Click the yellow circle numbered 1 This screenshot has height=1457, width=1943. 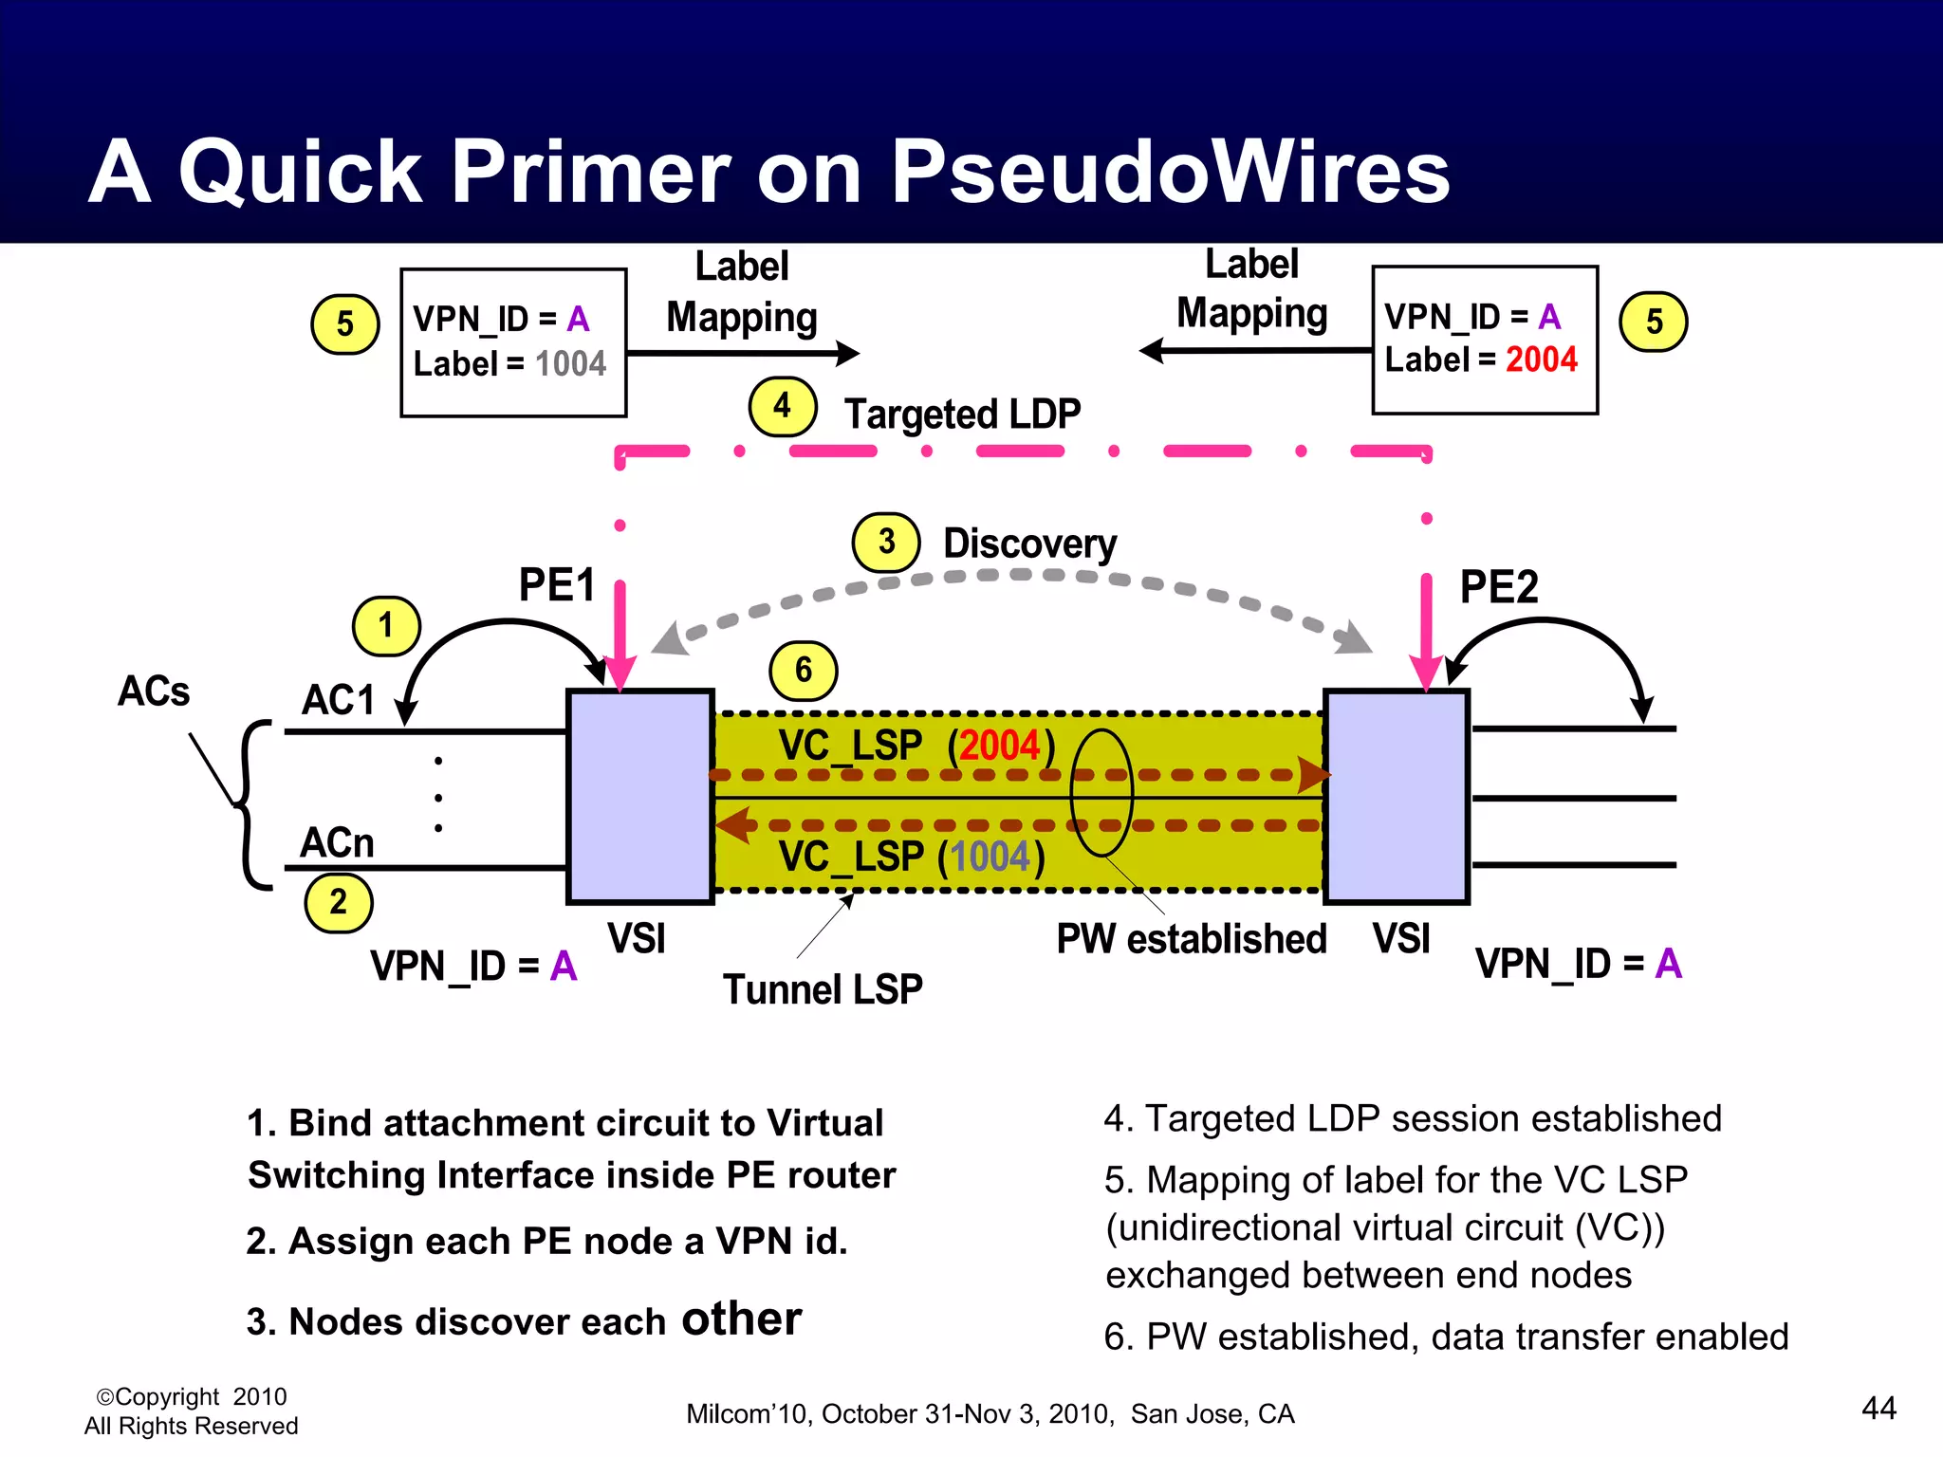click(x=385, y=626)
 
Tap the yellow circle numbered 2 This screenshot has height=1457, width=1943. click(x=339, y=902)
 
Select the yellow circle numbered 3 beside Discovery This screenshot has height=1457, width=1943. click(x=886, y=543)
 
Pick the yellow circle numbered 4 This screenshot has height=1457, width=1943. click(x=782, y=406)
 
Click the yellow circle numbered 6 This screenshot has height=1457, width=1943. click(x=803, y=671)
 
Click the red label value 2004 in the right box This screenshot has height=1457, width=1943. click(x=1541, y=360)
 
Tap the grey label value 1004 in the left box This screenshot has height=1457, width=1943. click(x=570, y=364)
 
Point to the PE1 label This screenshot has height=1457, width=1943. click(x=557, y=584)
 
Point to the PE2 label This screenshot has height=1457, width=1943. click(x=1498, y=586)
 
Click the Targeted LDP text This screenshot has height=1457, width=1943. click(x=962, y=415)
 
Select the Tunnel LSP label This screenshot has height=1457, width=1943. click(x=823, y=989)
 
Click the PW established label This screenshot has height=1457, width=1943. click(x=1191, y=939)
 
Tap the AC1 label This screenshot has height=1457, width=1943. click(x=339, y=700)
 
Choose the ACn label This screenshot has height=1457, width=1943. click(x=337, y=842)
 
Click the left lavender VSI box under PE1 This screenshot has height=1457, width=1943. click(x=639, y=797)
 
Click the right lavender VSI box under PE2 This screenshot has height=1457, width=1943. click(x=1396, y=797)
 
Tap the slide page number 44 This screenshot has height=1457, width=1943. click(x=1878, y=1408)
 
